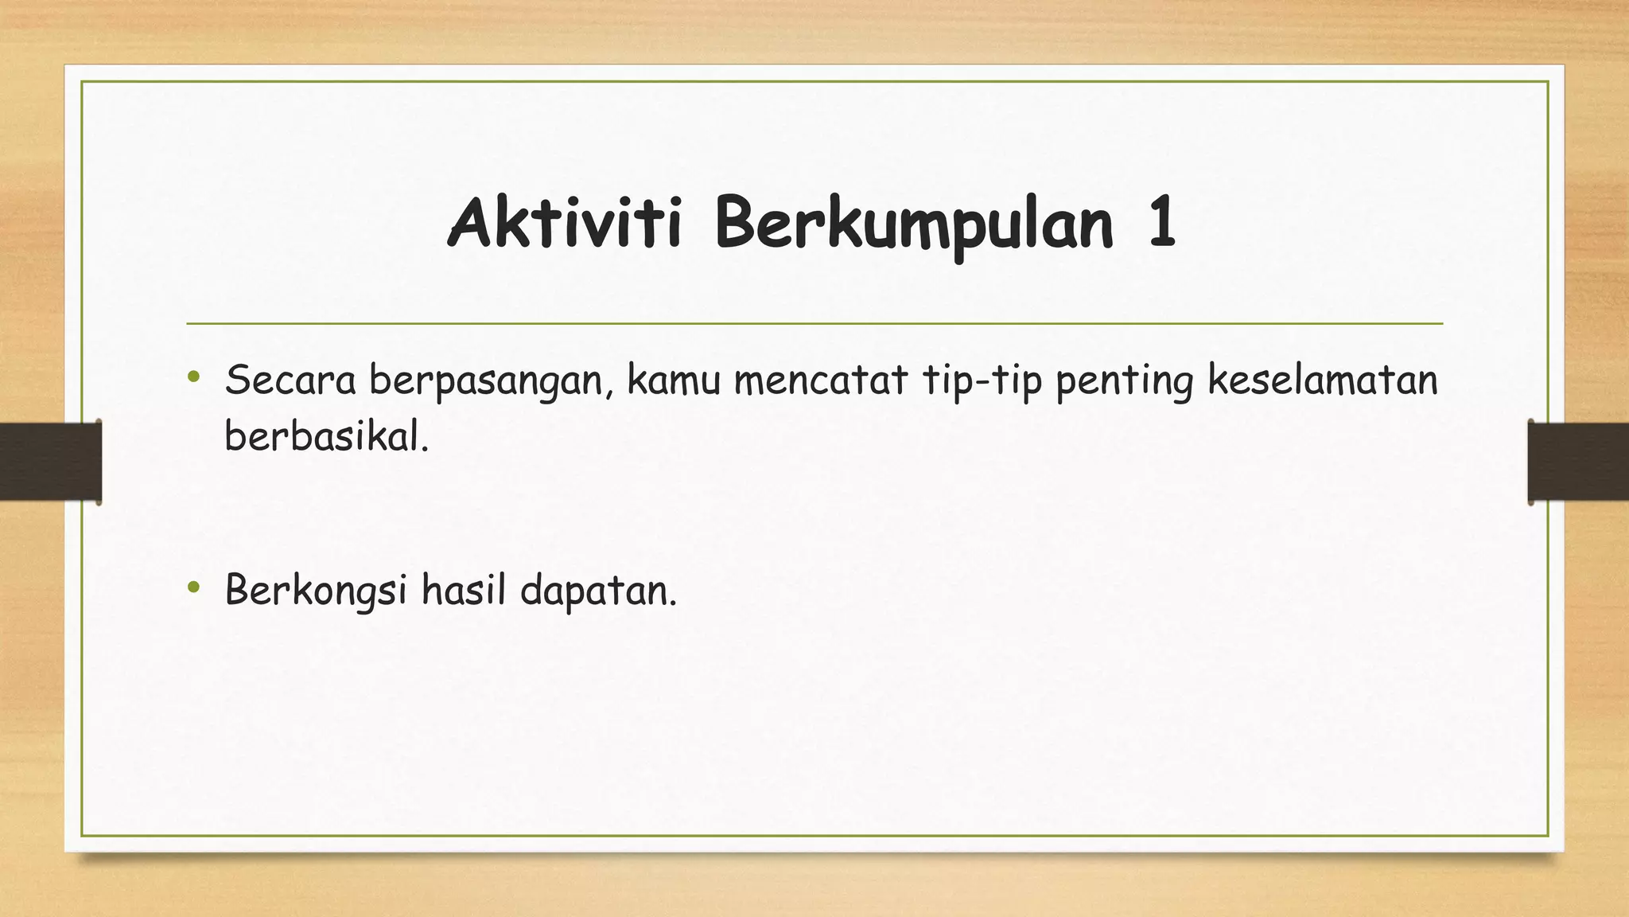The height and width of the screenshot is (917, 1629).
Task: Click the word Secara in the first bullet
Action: click(x=290, y=380)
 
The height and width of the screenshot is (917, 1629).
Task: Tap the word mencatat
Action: click(x=820, y=380)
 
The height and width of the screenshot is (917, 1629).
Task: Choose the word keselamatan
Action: click(x=1323, y=380)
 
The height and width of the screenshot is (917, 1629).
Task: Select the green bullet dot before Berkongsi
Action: click(x=193, y=587)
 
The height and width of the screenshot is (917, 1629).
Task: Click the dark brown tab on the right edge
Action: click(x=1579, y=462)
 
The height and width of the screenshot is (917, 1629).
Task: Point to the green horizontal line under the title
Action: click(x=814, y=324)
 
